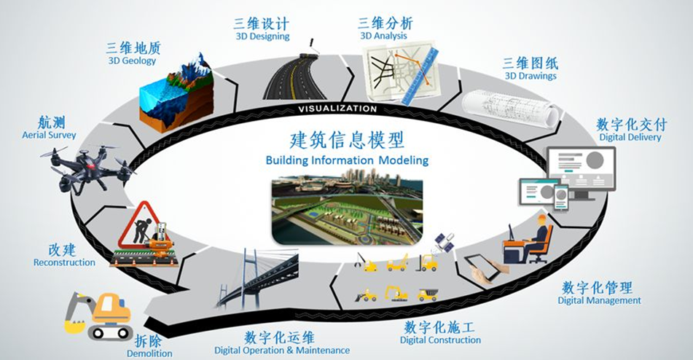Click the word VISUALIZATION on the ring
337,109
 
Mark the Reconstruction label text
64,262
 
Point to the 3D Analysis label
383,36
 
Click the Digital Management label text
599,300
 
